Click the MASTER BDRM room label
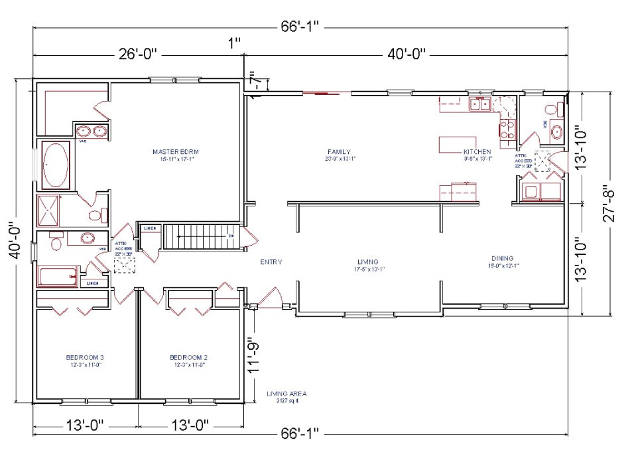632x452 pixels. (x=175, y=152)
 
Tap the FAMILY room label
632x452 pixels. (x=339, y=152)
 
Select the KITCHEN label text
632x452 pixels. (x=477, y=152)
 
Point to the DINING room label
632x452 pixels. (x=502, y=259)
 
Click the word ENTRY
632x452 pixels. (x=271, y=262)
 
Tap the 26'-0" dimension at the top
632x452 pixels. (x=138, y=54)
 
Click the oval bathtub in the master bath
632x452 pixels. (x=56, y=165)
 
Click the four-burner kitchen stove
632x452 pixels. (x=507, y=129)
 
